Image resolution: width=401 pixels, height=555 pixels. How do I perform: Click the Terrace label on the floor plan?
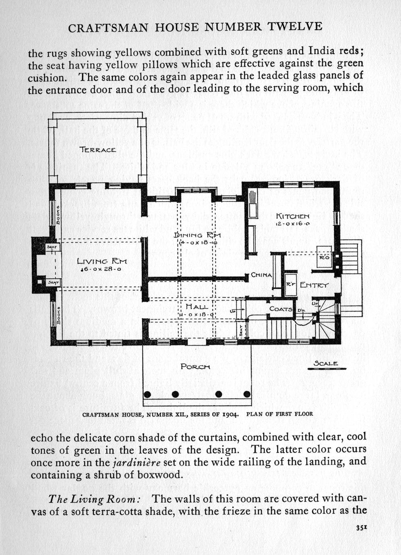pyautogui.click(x=98, y=150)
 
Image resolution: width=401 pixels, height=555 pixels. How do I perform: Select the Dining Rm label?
pyautogui.click(x=197, y=235)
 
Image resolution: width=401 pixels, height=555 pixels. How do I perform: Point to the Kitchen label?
pyautogui.click(x=293, y=216)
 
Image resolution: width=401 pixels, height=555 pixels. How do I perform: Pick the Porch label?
pyautogui.click(x=195, y=366)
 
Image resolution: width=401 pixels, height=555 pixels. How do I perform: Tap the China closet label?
pyautogui.click(x=261, y=275)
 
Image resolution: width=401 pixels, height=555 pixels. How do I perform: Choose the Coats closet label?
pyautogui.click(x=280, y=309)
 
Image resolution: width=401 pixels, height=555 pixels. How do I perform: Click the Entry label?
pyautogui.click(x=314, y=285)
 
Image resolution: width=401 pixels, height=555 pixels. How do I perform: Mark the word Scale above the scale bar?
pyautogui.click(x=326, y=364)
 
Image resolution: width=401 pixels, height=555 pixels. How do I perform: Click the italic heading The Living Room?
pyautogui.click(x=94, y=499)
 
